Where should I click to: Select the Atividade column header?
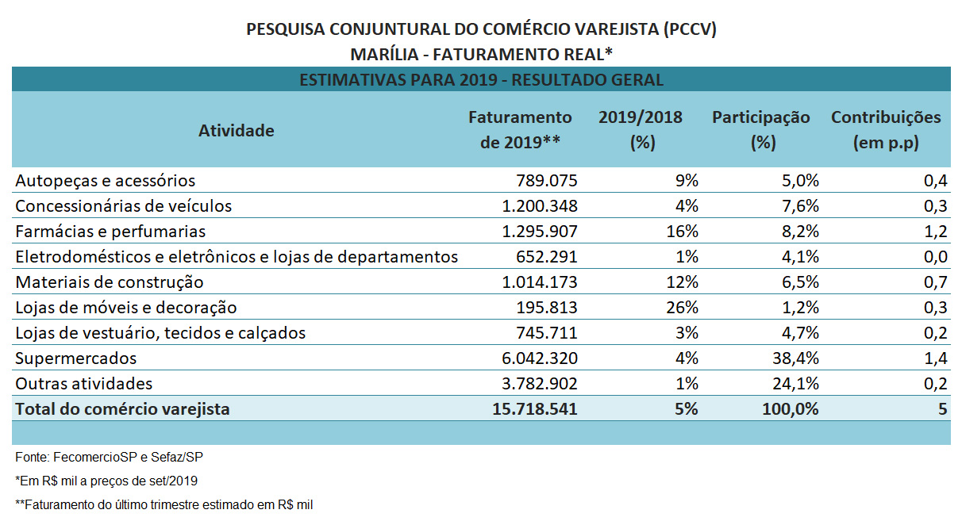coord(236,130)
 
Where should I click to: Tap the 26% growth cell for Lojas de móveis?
coord(682,308)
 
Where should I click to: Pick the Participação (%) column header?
coord(760,130)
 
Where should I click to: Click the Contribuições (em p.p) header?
coord(885,130)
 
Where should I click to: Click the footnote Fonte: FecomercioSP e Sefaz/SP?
coord(102,458)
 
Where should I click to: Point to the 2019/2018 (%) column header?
coord(640,130)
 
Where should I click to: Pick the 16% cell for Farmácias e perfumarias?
coord(682,232)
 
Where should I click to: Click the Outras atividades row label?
coord(83,384)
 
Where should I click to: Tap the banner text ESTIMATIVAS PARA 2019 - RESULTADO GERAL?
coord(481,80)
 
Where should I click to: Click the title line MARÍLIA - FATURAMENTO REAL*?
coord(481,54)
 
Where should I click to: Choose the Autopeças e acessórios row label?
coord(105,181)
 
